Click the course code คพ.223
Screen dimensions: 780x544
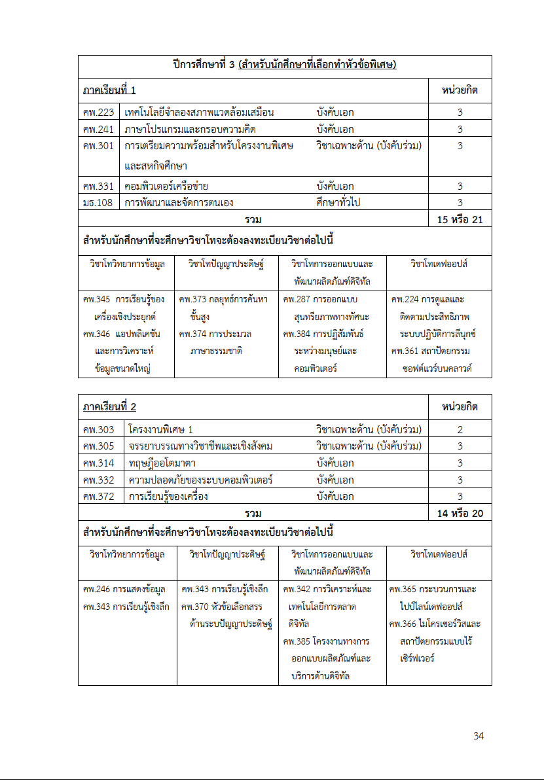point(99,112)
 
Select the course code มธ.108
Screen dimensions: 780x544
point(99,202)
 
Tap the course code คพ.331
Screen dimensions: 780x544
point(99,186)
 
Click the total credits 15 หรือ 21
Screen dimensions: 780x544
point(460,219)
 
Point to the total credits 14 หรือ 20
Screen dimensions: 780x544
point(460,513)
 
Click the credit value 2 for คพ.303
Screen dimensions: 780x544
point(460,429)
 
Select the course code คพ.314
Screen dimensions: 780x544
point(99,463)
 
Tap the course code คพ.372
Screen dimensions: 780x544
point(99,496)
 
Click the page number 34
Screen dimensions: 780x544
point(479,736)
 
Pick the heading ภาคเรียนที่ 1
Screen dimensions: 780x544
point(109,90)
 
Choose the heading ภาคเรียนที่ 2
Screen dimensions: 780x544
point(109,407)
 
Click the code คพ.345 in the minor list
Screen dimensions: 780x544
point(96,300)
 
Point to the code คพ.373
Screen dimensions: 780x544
point(192,300)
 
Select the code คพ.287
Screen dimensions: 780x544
point(297,300)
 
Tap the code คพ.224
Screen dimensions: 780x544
point(405,300)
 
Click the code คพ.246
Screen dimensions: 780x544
point(96,589)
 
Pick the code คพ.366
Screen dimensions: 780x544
point(403,624)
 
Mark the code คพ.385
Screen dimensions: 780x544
point(297,641)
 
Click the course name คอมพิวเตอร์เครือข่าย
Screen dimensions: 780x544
point(166,186)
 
